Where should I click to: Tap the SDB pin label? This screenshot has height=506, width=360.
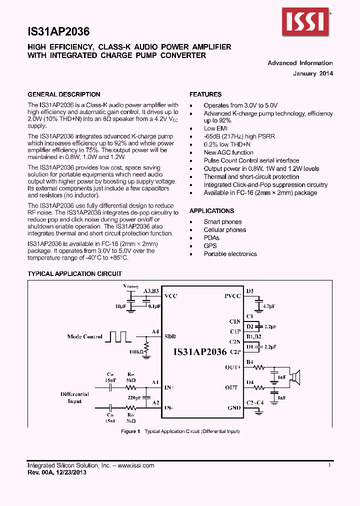click(170, 336)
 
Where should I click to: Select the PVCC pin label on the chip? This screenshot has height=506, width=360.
click(232, 296)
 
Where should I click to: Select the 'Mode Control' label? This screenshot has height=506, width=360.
click(84, 336)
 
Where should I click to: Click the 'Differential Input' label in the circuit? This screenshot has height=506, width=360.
click(74, 397)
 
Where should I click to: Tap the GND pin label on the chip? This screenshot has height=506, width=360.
click(234, 407)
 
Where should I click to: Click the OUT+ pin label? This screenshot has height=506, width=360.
click(233, 367)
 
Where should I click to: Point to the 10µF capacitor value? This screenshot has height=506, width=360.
click(120, 305)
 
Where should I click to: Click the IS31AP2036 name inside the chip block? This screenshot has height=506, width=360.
click(200, 352)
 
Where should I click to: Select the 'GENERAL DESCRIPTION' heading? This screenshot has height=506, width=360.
click(63, 94)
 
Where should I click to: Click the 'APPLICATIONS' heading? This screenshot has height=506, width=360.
click(211, 211)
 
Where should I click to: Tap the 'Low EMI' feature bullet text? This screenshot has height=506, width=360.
click(216, 128)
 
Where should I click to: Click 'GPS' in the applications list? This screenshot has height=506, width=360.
click(210, 246)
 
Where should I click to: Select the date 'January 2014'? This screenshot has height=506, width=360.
click(313, 73)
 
